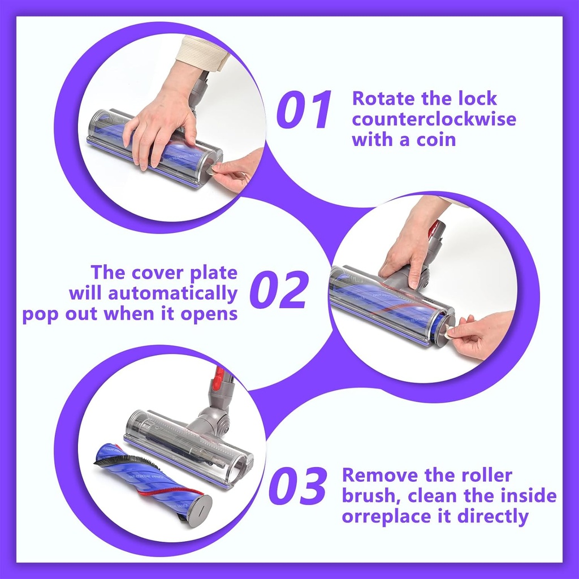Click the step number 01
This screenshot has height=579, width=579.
coord(304,109)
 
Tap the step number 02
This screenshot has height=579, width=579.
coord(279,289)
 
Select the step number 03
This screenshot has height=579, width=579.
coord(297,485)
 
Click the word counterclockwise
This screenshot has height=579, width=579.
coord(434,119)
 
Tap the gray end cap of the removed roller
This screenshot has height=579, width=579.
coord(199,510)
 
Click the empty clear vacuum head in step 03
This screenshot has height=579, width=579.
coord(187,447)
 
